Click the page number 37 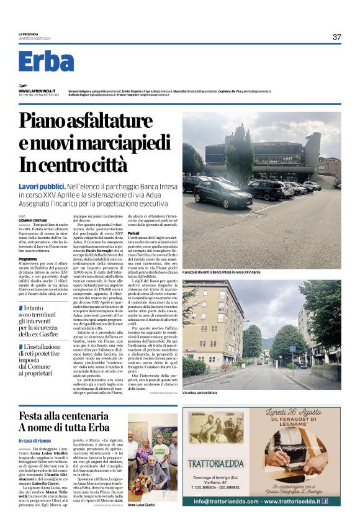336,37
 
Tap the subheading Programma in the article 27,258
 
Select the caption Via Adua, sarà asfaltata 202,393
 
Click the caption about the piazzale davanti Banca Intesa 224,273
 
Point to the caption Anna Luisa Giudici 142,505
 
